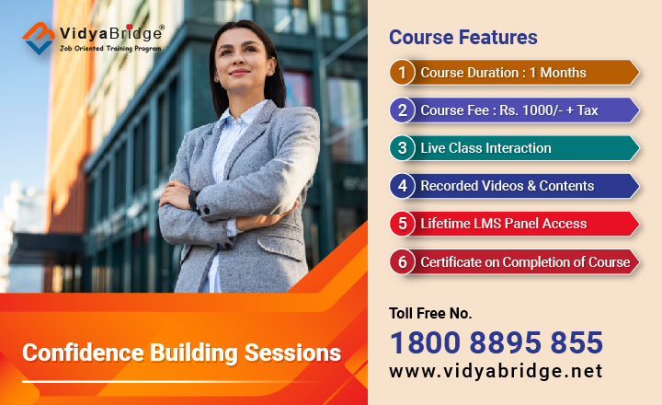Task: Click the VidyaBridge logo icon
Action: click(40, 38)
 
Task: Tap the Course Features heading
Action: click(462, 38)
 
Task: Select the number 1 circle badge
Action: click(402, 73)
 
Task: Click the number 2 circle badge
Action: click(402, 110)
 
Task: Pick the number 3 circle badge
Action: click(402, 148)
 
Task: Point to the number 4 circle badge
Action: click(402, 186)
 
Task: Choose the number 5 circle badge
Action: click(402, 224)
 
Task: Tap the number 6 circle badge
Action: click(402, 261)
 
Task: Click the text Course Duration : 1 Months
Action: click(503, 73)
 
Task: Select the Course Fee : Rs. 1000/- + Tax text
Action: click(509, 110)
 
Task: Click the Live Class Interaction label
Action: click(485, 148)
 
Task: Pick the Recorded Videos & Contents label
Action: click(508, 186)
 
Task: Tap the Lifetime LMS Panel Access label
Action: click(503, 224)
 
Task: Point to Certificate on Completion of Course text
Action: click(525, 261)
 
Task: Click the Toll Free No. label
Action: click(430, 313)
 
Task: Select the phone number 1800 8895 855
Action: click(496, 342)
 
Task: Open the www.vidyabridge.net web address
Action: click(496, 371)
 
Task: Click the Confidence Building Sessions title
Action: click(181, 353)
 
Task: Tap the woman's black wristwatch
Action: click(194, 199)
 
